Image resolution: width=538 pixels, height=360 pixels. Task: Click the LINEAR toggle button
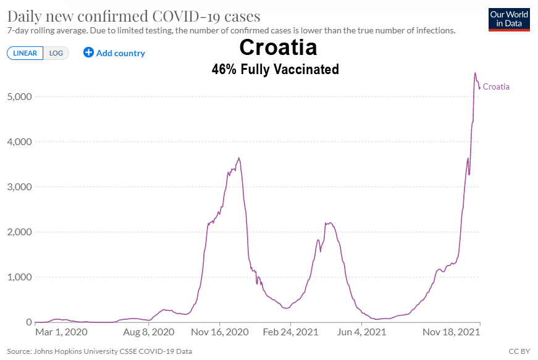[x=25, y=53]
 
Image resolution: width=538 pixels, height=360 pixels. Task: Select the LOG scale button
[x=56, y=53]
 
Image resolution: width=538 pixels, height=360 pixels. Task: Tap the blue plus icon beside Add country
[x=88, y=53]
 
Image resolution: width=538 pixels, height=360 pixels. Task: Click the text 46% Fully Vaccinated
[x=275, y=69]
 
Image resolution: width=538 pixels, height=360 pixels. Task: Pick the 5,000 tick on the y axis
[x=20, y=97]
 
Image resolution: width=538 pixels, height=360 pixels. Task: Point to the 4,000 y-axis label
[x=20, y=142]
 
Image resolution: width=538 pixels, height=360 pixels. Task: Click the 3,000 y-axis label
[x=20, y=187]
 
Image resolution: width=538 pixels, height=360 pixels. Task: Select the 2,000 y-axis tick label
[x=20, y=232]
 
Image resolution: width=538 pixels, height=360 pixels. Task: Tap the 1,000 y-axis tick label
[x=20, y=277]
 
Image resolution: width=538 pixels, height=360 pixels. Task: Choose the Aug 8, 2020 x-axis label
[x=149, y=332]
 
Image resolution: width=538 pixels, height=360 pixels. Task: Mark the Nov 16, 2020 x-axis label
[x=221, y=332]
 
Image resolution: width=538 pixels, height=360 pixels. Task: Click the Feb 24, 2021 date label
[x=291, y=332]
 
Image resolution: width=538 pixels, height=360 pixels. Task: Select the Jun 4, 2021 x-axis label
[x=362, y=332]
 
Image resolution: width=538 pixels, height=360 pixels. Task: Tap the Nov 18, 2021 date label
[x=452, y=332]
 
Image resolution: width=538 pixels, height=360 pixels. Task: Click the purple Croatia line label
[x=496, y=87]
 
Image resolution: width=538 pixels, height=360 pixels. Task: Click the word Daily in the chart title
[x=23, y=16]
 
